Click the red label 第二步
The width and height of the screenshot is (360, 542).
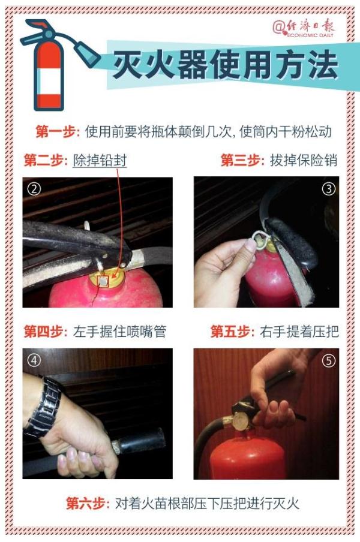pos(46,161)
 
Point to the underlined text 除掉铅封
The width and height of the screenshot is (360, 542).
pos(100,161)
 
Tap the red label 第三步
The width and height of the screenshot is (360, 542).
pos(242,161)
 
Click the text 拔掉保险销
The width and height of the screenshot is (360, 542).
pos(304,161)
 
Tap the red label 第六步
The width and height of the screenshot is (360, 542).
pos(88,503)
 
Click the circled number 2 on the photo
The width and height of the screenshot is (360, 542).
pos(34,189)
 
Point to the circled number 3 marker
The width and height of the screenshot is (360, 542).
pos(328,189)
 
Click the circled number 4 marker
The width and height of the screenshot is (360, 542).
pos(34,360)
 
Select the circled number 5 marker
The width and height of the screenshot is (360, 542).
pos(328,360)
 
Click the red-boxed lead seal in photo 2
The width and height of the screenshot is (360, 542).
pos(104,281)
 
